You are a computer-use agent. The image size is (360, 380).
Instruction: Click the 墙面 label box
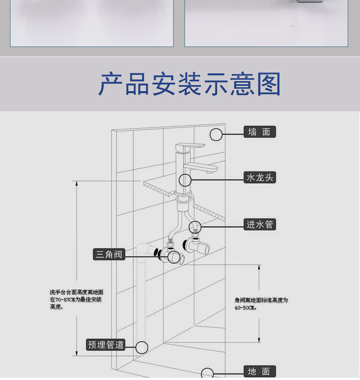click(x=260, y=132)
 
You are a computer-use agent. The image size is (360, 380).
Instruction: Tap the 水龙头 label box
click(x=260, y=177)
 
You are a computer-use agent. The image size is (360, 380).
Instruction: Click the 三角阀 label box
click(x=109, y=254)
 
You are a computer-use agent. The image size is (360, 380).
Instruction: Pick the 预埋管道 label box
click(x=106, y=345)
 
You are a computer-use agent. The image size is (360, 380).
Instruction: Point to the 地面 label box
click(x=260, y=372)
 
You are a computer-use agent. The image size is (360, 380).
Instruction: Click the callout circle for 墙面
click(x=216, y=134)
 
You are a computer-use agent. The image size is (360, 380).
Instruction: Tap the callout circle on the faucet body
click(x=185, y=180)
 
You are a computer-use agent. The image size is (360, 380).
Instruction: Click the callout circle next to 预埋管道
click(x=142, y=347)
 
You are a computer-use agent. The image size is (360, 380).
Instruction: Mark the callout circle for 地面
click(x=207, y=374)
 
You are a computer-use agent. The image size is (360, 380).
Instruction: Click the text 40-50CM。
click(x=246, y=307)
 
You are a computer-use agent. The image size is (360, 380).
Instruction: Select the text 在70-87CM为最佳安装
click(x=76, y=300)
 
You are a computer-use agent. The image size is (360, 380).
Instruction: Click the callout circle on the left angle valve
click(x=173, y=258)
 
